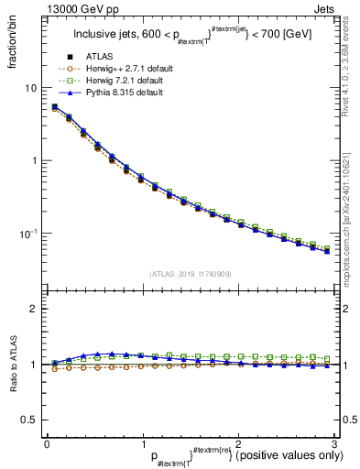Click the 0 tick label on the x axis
tap(47, 442)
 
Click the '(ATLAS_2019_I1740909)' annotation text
tap(191, 273)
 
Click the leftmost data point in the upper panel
tap(54, 107)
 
